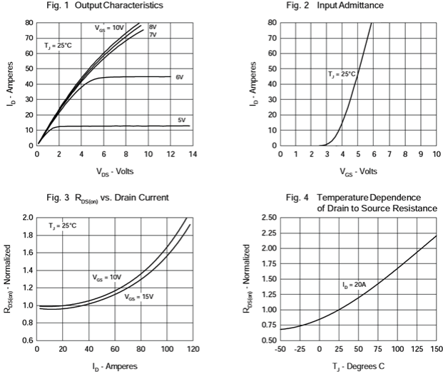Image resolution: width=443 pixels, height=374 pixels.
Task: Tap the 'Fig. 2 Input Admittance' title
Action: coord(345,6)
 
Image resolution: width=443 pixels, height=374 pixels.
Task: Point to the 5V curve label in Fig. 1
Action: coord(181,120)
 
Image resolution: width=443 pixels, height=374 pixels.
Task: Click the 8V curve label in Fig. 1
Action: coord(153,27)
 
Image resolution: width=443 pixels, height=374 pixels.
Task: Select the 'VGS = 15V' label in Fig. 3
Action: coord(140,296)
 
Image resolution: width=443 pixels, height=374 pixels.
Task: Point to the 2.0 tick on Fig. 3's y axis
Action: coord(26,218)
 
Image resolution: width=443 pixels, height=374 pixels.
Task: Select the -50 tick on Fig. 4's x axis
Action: coord(280,350)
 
